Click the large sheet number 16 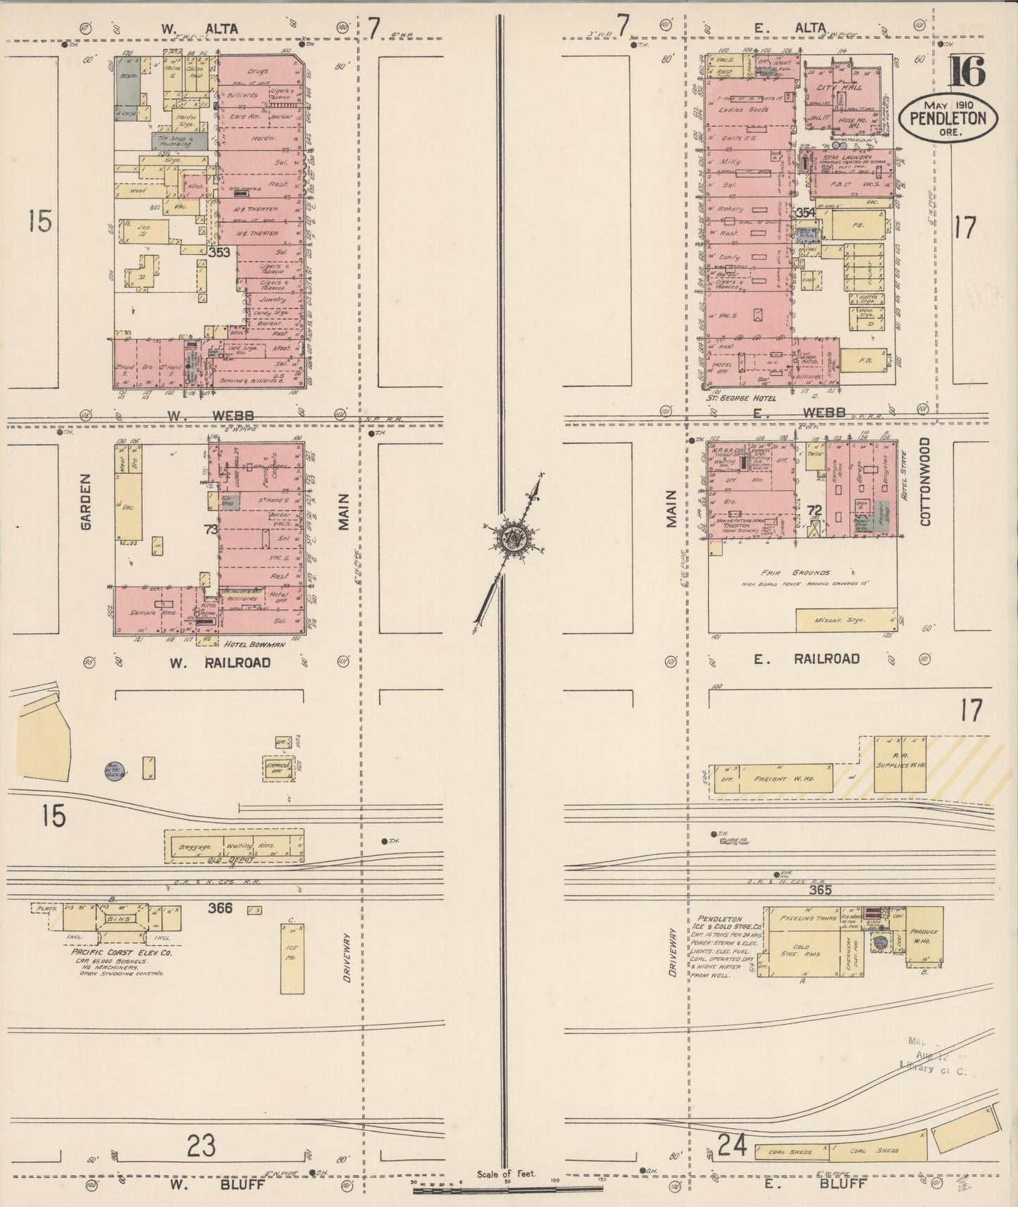[970, 72]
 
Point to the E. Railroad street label [806, 658]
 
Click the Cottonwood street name [924, 482]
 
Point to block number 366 [220, 908]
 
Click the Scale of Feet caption [507, 1174]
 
